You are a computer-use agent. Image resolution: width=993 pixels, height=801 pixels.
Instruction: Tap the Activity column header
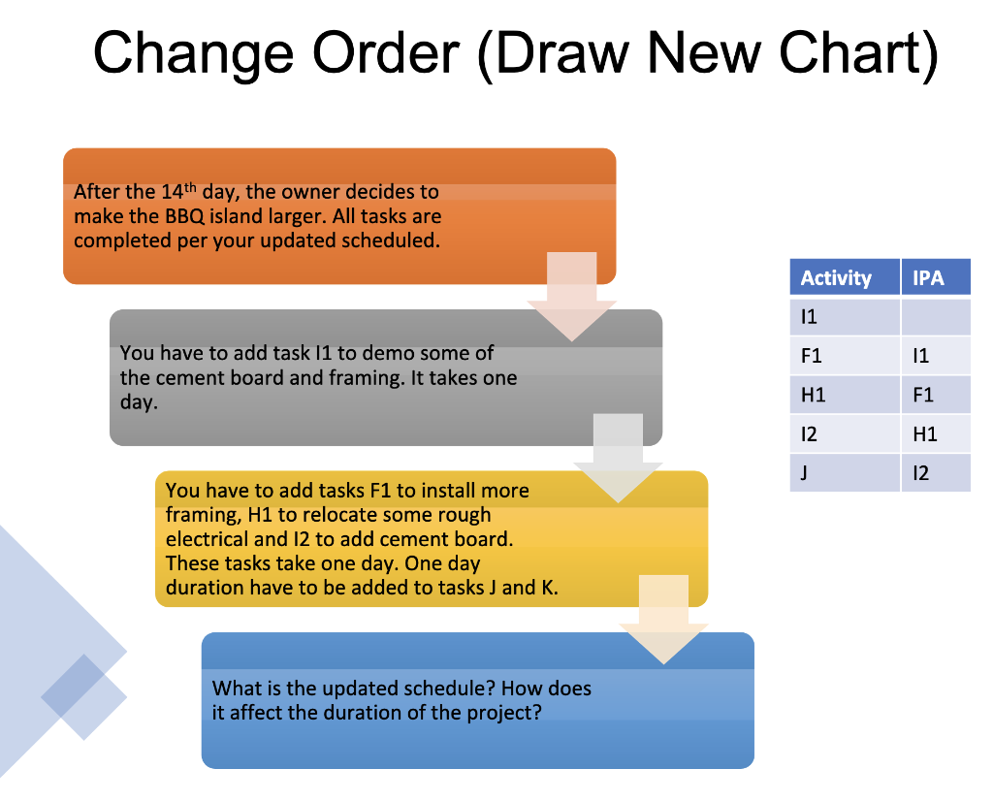pos(836,278)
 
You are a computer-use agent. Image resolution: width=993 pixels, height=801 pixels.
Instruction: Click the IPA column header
pos(928,278)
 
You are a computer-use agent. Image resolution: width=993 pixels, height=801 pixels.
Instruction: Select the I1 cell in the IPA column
pos(920,356)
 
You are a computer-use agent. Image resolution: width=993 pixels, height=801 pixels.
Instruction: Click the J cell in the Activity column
pos(804,472)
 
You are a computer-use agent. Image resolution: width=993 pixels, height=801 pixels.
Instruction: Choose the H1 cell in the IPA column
pos(925,433)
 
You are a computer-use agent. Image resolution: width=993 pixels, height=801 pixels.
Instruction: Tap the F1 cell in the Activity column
pos(812,356)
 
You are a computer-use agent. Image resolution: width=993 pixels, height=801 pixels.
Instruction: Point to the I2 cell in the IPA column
pos(920,472)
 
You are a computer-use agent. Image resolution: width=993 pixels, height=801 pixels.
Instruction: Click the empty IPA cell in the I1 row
pos(935,317)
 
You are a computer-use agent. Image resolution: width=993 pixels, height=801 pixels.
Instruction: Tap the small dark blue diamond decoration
pos(84,696)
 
